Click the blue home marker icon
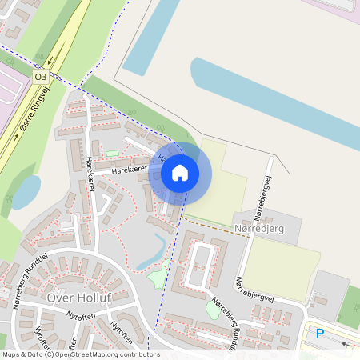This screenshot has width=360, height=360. pos(180,173)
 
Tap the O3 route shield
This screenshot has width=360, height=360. pos(40,76)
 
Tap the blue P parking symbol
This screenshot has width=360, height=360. pos(320,334)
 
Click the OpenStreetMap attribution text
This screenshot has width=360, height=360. pos(80,354)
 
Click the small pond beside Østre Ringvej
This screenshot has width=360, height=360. pos(26,192)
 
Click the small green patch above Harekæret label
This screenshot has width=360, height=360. pos(113,152)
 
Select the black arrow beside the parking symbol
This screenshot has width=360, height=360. pos(346,344)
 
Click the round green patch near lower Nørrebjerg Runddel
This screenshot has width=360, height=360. pos(212,310)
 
